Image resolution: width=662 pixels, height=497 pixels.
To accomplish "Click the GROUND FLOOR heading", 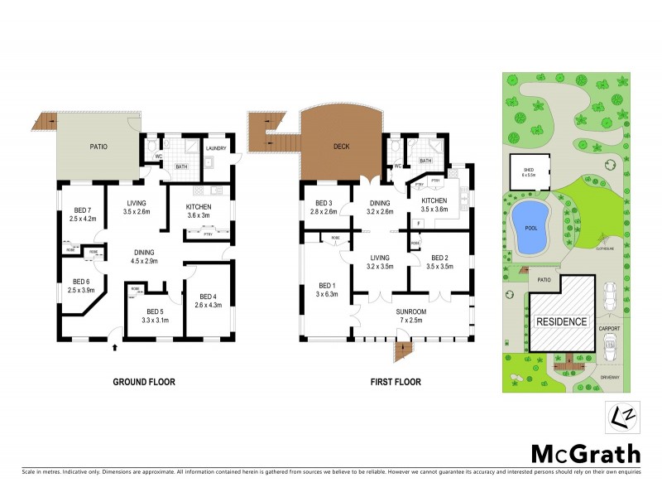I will pos(144,382).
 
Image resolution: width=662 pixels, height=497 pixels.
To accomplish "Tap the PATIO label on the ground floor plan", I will pos(98,147).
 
